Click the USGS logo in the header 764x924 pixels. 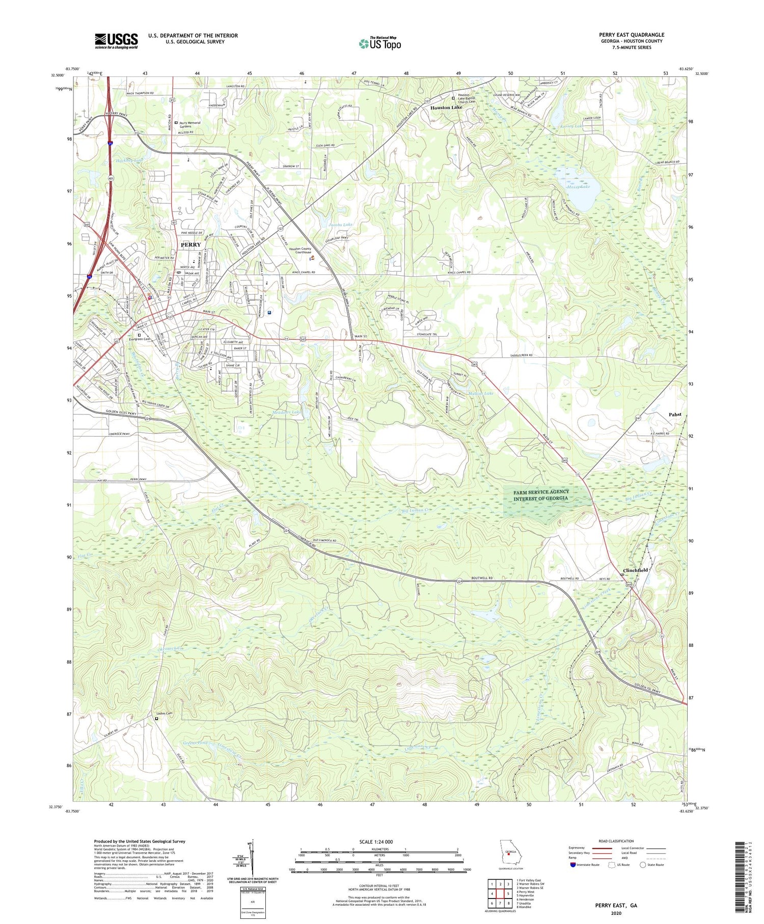tap(116, 41)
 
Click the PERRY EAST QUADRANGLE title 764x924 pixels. tap(631, 35)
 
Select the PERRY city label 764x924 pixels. tap(190, 245)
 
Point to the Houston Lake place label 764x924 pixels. tap(446, 108)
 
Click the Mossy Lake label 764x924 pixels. tap(578, 187)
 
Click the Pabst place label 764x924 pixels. tap(674, 414)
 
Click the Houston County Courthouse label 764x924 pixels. tap(300, 250)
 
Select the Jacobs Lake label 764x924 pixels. tap(340, 224)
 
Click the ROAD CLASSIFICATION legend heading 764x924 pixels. tap(616, 841)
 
